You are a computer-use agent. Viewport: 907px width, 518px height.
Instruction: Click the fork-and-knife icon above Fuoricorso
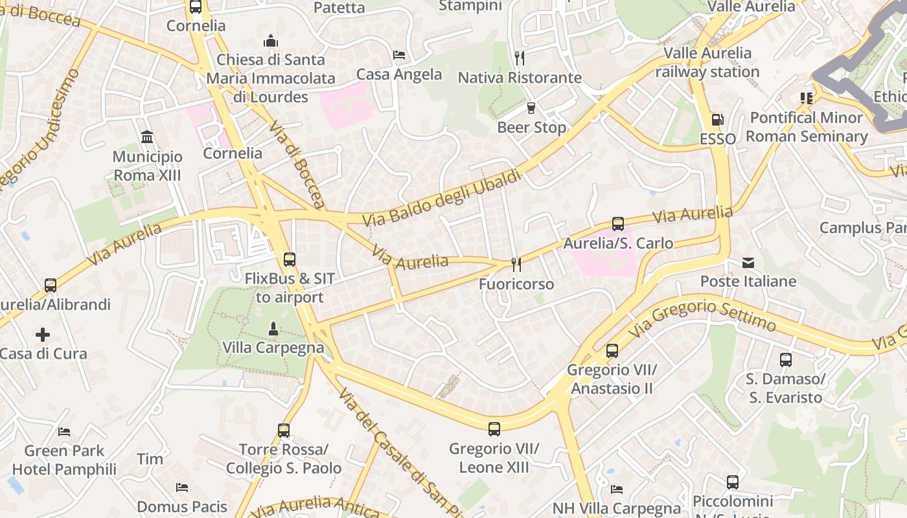pos(516,264)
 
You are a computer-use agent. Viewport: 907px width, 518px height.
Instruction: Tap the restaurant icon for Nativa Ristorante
pos(520,58)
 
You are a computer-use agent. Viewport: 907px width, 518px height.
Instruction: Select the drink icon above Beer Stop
pos(531,108)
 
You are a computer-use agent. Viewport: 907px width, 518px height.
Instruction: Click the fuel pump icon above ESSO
pos(717,120)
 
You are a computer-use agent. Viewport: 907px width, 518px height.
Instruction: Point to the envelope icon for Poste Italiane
pos(748,262)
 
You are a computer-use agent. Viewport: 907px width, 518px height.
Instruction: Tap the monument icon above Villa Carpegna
pos(273,328)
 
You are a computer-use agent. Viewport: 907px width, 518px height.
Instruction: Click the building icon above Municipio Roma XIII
pos(147,137)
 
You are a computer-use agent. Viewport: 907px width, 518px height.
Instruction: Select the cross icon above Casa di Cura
pos(43,335)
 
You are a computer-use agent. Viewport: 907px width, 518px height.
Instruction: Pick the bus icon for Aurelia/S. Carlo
pos(618,224)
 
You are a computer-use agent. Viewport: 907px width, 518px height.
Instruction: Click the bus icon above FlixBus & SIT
pos(290,260)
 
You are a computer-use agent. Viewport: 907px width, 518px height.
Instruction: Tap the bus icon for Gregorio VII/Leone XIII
pos(494,429)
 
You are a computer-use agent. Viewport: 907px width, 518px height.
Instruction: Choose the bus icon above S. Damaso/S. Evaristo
pos(785,359)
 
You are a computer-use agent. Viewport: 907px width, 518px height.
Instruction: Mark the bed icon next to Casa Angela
pos(399,55)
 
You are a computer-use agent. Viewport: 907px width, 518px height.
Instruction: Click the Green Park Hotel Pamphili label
pos(64,460)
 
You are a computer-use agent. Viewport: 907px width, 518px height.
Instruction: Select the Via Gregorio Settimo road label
pos(702,317)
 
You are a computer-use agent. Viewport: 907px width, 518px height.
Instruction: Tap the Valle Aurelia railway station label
pos(707,62)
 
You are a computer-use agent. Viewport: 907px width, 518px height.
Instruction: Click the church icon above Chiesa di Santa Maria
pos(271,41)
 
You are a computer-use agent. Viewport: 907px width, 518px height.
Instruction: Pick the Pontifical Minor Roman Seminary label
pos(807,127)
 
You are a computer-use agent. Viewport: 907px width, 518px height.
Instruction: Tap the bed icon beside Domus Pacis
pos(182,487)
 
